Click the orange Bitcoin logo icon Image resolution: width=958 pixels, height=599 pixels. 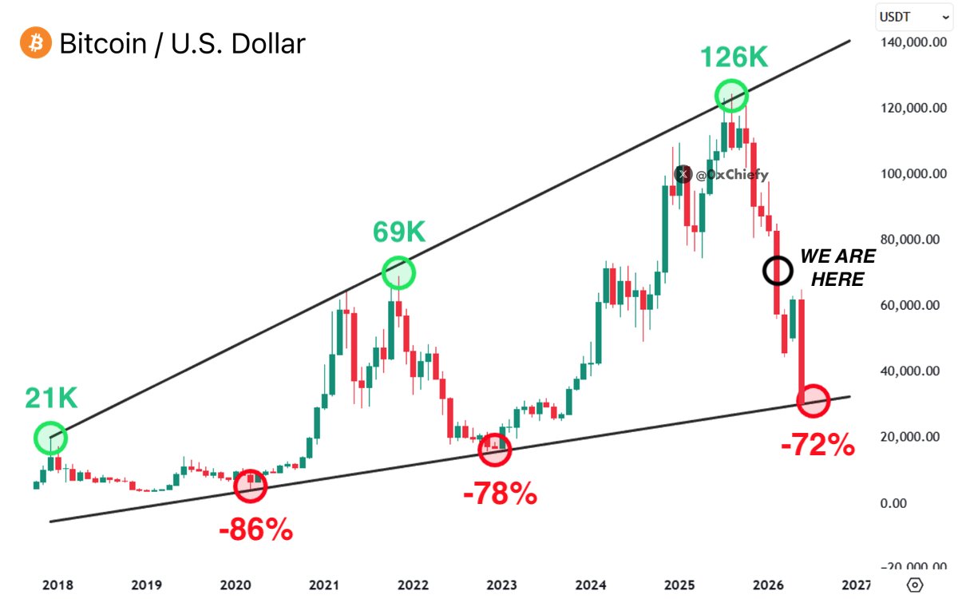35,42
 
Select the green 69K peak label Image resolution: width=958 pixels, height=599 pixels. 399,232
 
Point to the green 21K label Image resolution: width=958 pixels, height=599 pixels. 51,398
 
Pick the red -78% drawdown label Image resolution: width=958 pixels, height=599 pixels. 500,494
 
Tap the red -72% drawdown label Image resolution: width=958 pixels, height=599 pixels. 817,445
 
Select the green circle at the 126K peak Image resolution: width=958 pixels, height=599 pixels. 731,96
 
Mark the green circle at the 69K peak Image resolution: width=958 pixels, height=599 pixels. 399,273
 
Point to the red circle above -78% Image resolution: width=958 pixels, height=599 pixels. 495,450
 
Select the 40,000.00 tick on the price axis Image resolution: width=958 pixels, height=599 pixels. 915,371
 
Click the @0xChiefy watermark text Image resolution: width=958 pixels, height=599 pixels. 731,175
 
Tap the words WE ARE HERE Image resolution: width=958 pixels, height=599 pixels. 837,268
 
